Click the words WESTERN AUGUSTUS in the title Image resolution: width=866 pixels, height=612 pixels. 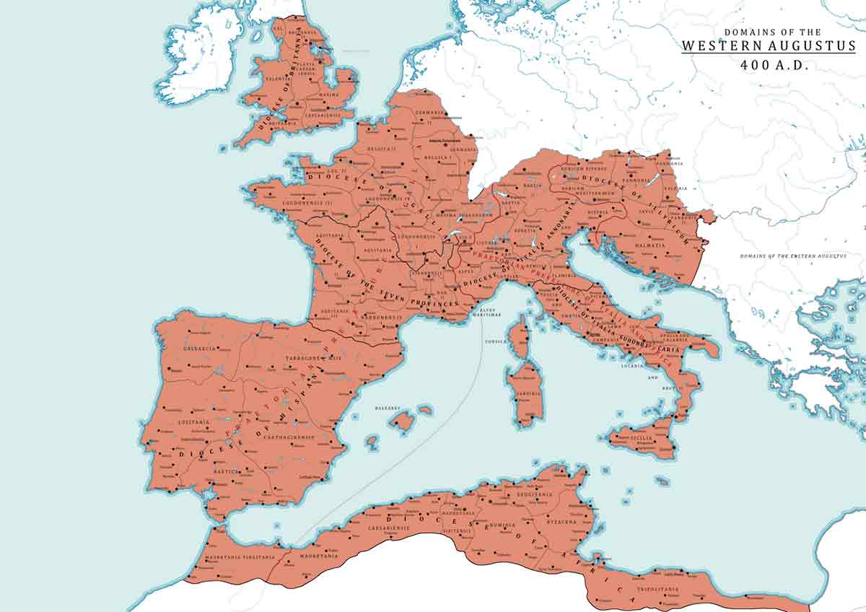point(769,45)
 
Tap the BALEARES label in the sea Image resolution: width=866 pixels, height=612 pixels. point(387,408)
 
